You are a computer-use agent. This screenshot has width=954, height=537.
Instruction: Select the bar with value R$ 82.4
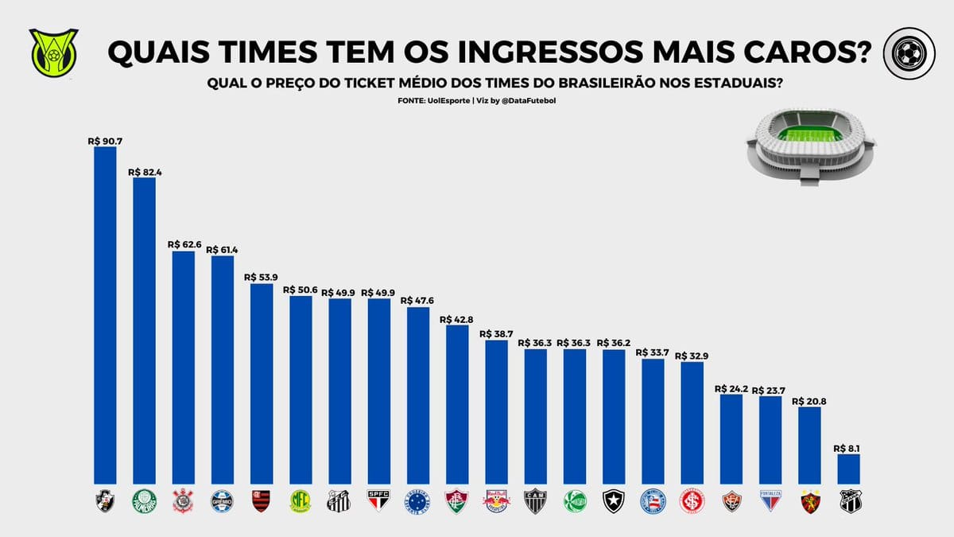point(144,329)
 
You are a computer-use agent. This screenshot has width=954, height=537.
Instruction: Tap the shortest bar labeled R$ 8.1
point(849,469)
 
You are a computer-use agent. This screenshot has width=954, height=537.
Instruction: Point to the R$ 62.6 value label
point(183,244)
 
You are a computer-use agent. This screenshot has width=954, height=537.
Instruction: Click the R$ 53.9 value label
point(262,277)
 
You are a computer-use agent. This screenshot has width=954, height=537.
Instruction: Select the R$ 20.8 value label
point(810,401)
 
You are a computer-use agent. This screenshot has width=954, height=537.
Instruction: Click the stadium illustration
point(810,148)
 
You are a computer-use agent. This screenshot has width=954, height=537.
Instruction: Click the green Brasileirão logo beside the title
point(53,54)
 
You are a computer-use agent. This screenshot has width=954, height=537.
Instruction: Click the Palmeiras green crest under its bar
point(144,500)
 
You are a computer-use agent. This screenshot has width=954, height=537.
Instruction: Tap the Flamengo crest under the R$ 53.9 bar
point(262,500)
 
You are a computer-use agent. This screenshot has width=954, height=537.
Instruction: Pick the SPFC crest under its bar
point(378,500)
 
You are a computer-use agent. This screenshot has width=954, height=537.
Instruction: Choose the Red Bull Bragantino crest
point(496,500)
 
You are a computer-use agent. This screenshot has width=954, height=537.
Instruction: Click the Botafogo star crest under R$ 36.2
point(614,500)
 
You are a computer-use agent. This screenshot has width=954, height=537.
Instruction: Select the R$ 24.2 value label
point(731,388)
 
